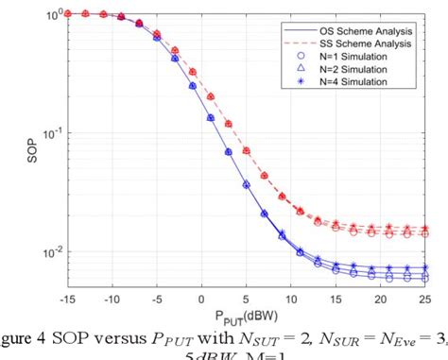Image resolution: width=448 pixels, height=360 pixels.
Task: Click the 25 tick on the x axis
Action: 422,299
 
